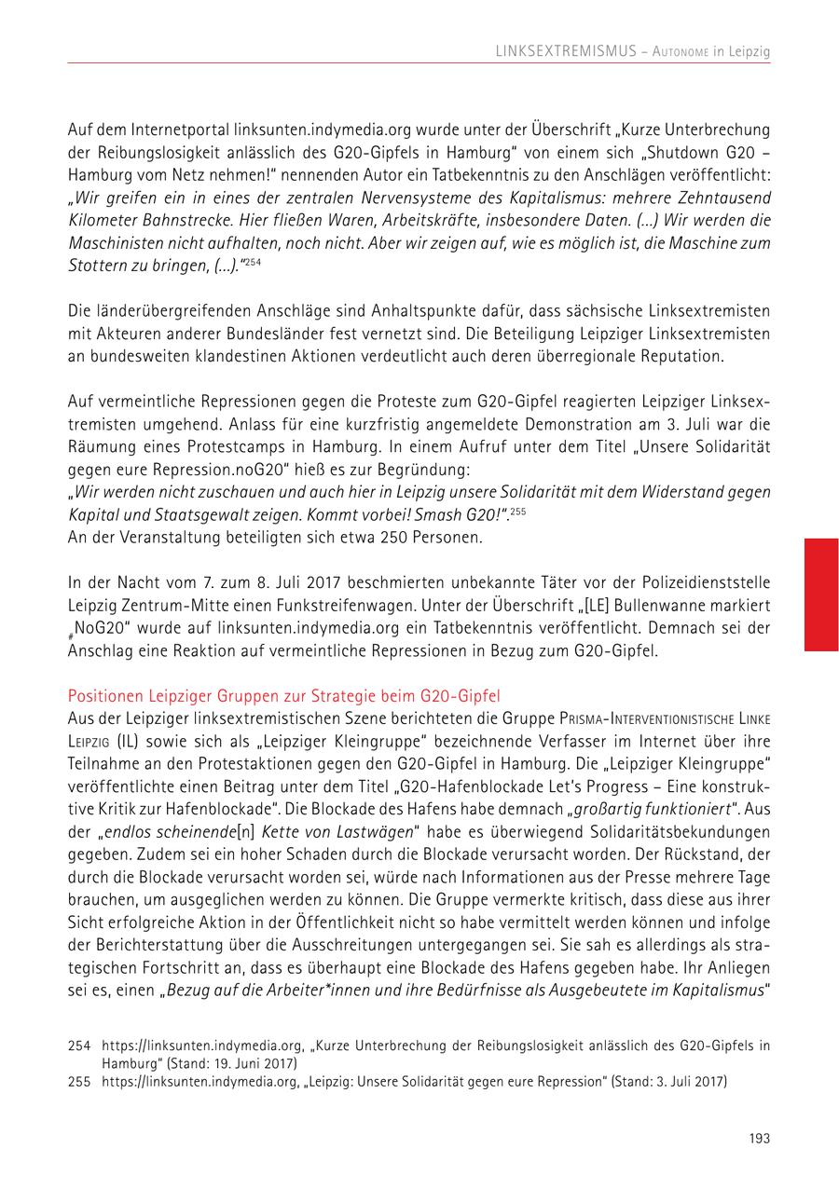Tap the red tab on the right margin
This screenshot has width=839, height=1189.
[821, 594]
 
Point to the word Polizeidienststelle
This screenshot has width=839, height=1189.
[706, 583]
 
